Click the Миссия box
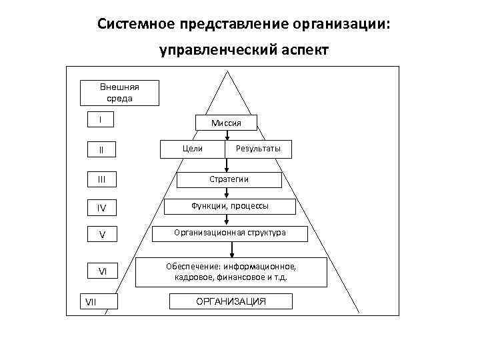[225, 123]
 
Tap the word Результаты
[258, 148]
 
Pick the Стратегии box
[229, 179]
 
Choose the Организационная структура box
[230, 233]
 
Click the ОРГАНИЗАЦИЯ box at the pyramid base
[230, 302]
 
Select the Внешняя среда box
[119, 93]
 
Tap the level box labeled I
[101, 120]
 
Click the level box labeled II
[101, 149]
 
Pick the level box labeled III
[101, 179]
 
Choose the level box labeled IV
[101, 208]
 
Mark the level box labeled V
[101, 235]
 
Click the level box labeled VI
[102, 271]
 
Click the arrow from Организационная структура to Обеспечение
[231, 249]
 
